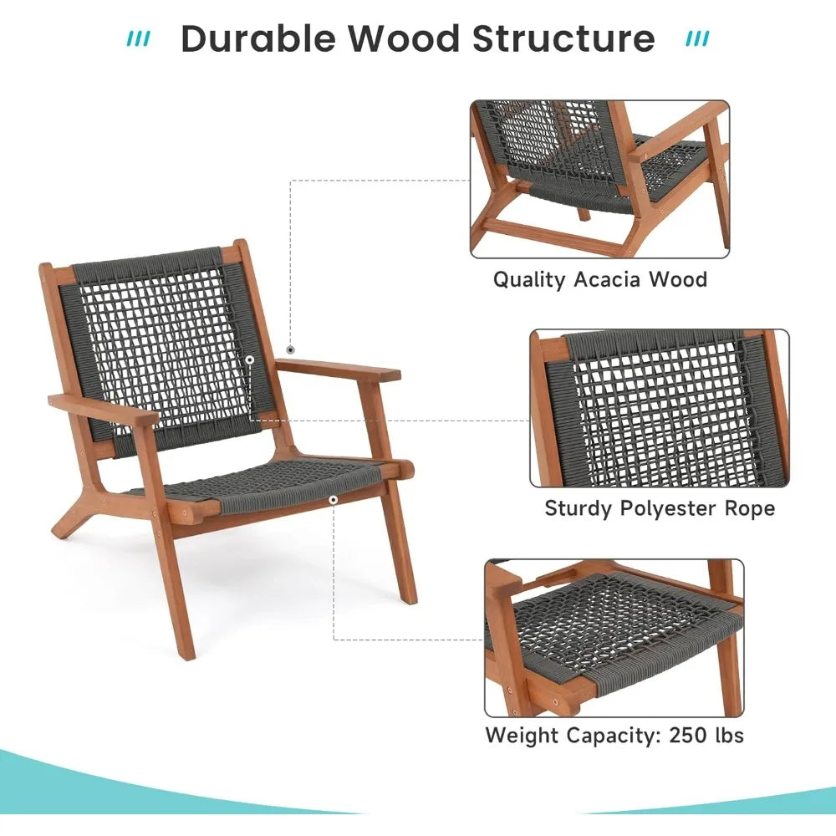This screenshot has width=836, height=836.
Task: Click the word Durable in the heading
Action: [257, 39]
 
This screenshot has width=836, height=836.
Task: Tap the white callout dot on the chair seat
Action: [334, 500]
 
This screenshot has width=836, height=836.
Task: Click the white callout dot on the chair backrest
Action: [250, 359]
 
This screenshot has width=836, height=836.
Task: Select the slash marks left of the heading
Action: [139, 39]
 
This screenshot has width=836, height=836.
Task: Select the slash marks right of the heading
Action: [697, 39]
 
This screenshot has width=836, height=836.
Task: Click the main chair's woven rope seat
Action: [268, 485]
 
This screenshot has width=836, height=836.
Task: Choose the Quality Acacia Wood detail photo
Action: [599, 179]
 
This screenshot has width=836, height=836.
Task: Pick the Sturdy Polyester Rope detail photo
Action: [660, 408]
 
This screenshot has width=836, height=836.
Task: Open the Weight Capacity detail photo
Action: [614, 638]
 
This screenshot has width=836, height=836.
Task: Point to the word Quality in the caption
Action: [529, 279]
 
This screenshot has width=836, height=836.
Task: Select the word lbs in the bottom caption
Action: [724, 735]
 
